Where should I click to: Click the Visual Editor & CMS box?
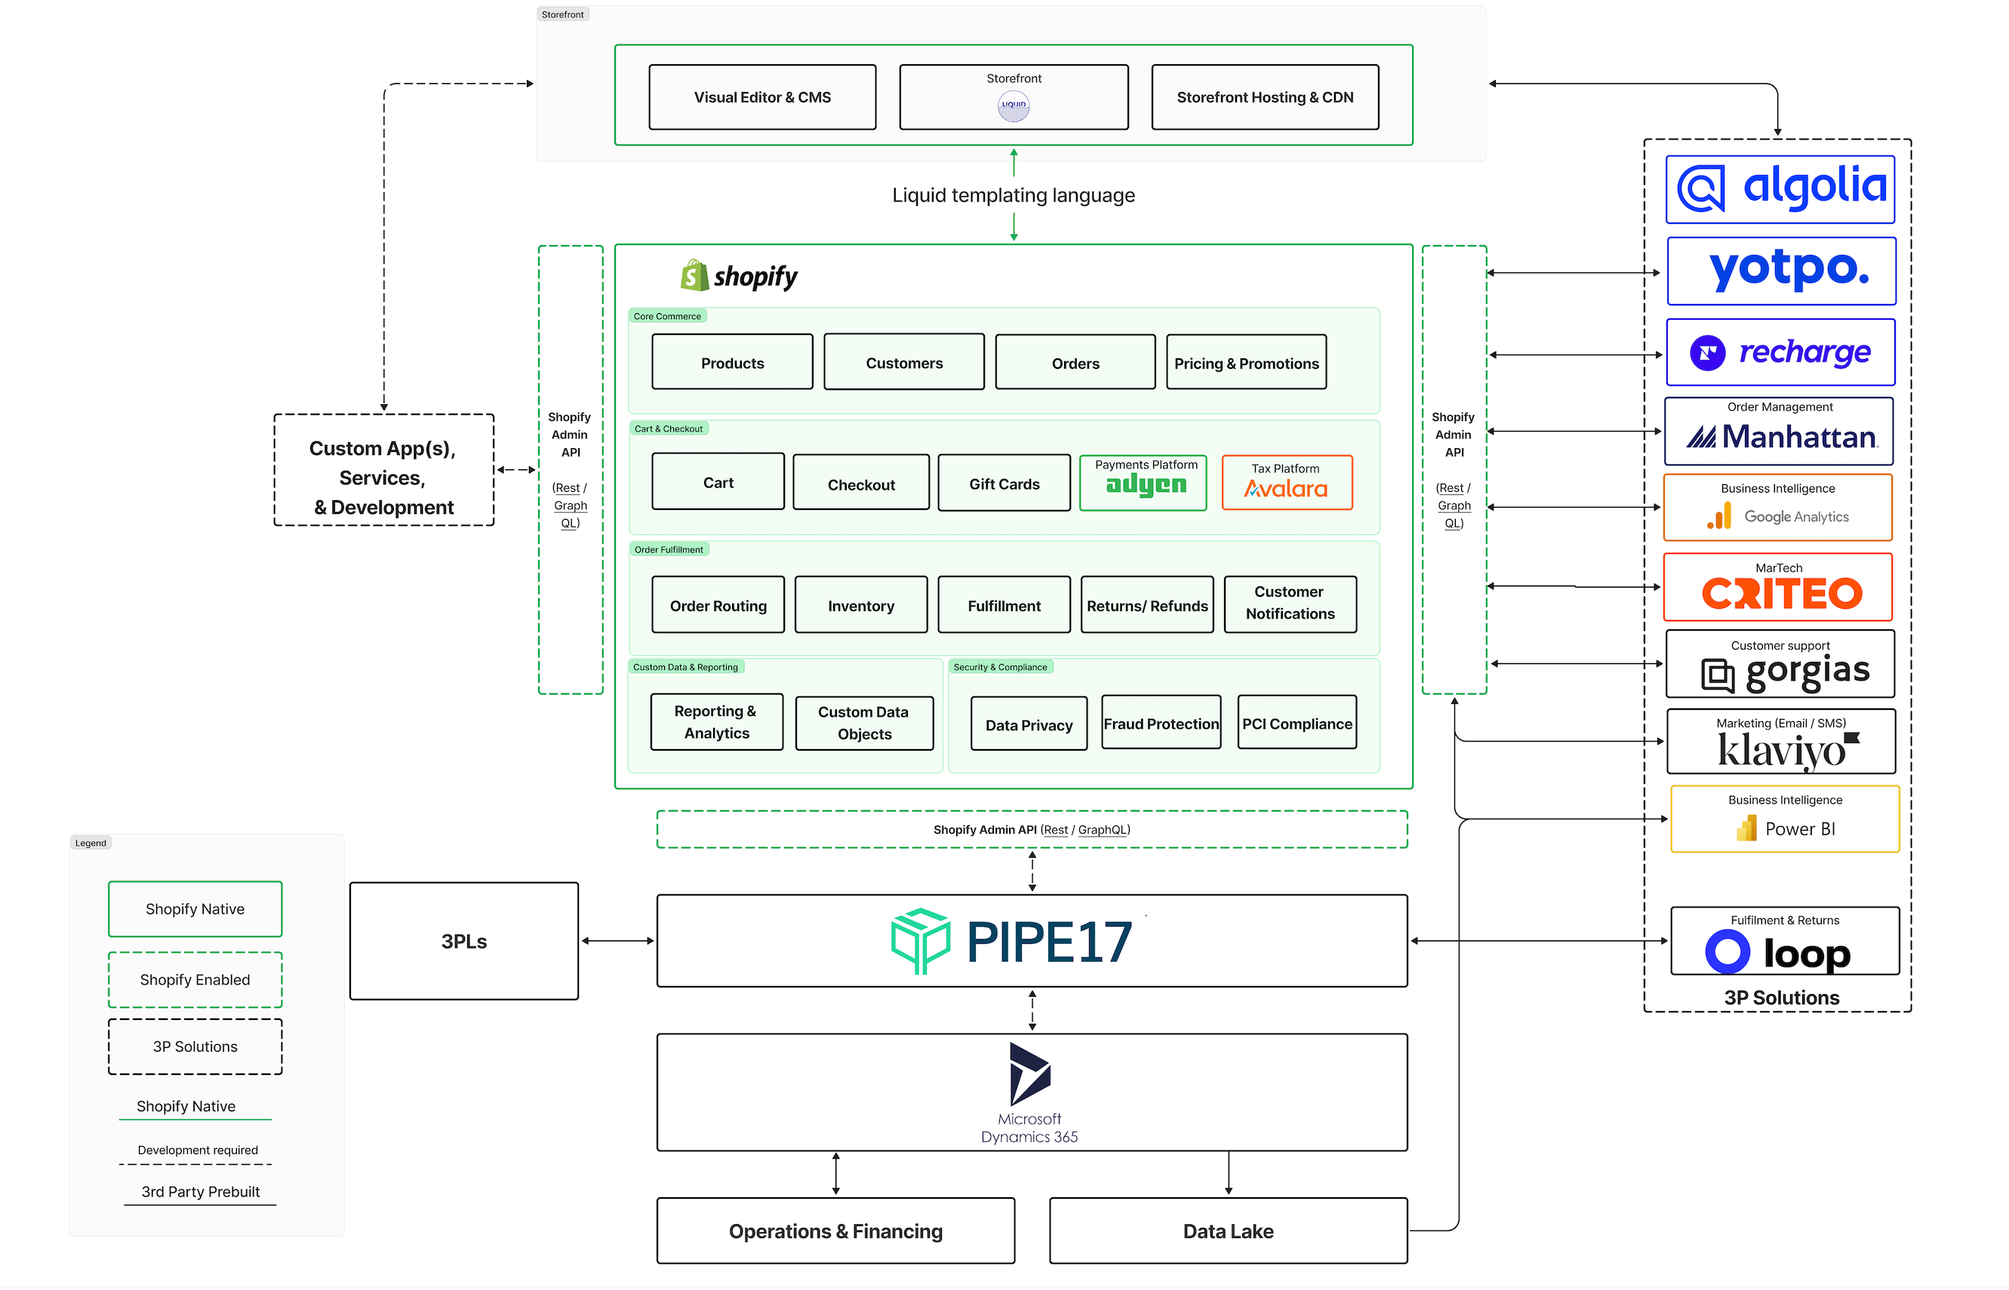(761, 97)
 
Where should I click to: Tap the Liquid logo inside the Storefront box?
(1013, 106)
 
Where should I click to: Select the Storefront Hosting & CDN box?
(1264, 97)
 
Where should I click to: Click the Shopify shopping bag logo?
(694, 275)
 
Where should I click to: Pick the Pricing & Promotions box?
(1246, 363)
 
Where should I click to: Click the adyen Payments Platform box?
(1143, 483)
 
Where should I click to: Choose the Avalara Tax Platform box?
(1286, 483)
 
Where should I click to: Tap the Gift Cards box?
(1004, 484)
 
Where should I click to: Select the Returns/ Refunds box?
(1146, 605)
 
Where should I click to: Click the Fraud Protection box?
(1160, 723)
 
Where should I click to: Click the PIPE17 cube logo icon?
(920, 941)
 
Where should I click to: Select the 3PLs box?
(463, 941)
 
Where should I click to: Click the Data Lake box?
(1227, 1230)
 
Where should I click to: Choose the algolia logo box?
(1780, 189)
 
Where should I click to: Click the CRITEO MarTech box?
(1777, 587)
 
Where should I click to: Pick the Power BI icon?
(1746, 828)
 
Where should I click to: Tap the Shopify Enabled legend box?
(195, 979)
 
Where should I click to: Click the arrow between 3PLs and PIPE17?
(617, 941)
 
